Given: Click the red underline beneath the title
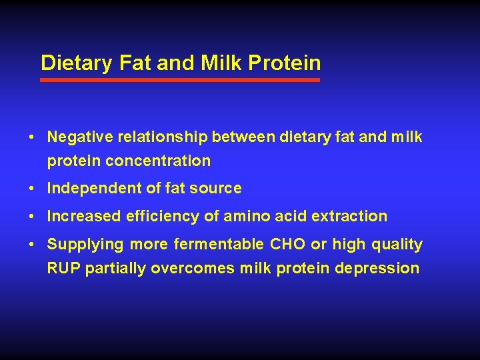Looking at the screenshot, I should click(x=180, y=79).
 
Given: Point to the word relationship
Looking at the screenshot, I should click(x=159, y=137).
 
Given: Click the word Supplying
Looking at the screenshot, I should click(x=85, y=245).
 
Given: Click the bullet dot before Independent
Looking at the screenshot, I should click(x=32, y=189).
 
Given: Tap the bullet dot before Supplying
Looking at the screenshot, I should click(x=32, y=245).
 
